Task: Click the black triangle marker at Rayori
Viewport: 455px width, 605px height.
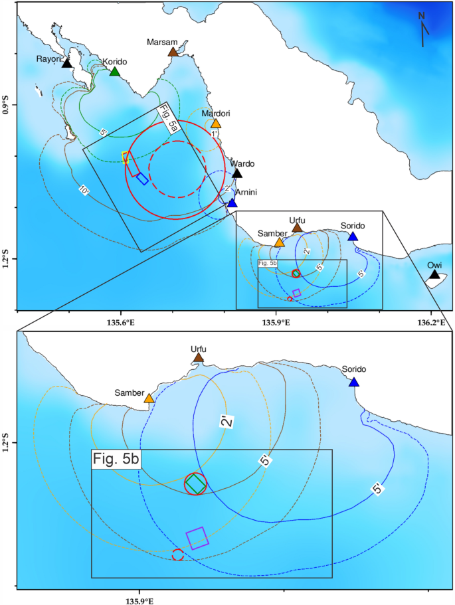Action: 66,63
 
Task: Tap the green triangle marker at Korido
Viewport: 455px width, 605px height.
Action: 114,72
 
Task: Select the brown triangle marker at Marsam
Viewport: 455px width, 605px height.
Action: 173,52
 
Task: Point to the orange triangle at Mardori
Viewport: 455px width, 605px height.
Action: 216,124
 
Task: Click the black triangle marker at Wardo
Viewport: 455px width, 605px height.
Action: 237,174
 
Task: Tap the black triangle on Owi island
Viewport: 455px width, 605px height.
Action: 434,274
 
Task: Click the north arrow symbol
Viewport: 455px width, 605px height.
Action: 423,30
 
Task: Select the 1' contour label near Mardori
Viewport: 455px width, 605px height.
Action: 215,133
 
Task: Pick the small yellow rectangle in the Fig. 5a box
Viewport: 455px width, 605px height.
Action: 125,157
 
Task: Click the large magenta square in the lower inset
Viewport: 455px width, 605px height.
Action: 197,537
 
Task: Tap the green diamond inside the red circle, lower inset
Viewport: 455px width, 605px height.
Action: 195,483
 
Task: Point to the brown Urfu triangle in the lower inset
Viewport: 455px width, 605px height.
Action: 198,359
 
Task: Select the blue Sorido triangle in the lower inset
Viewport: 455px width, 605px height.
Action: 354,383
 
